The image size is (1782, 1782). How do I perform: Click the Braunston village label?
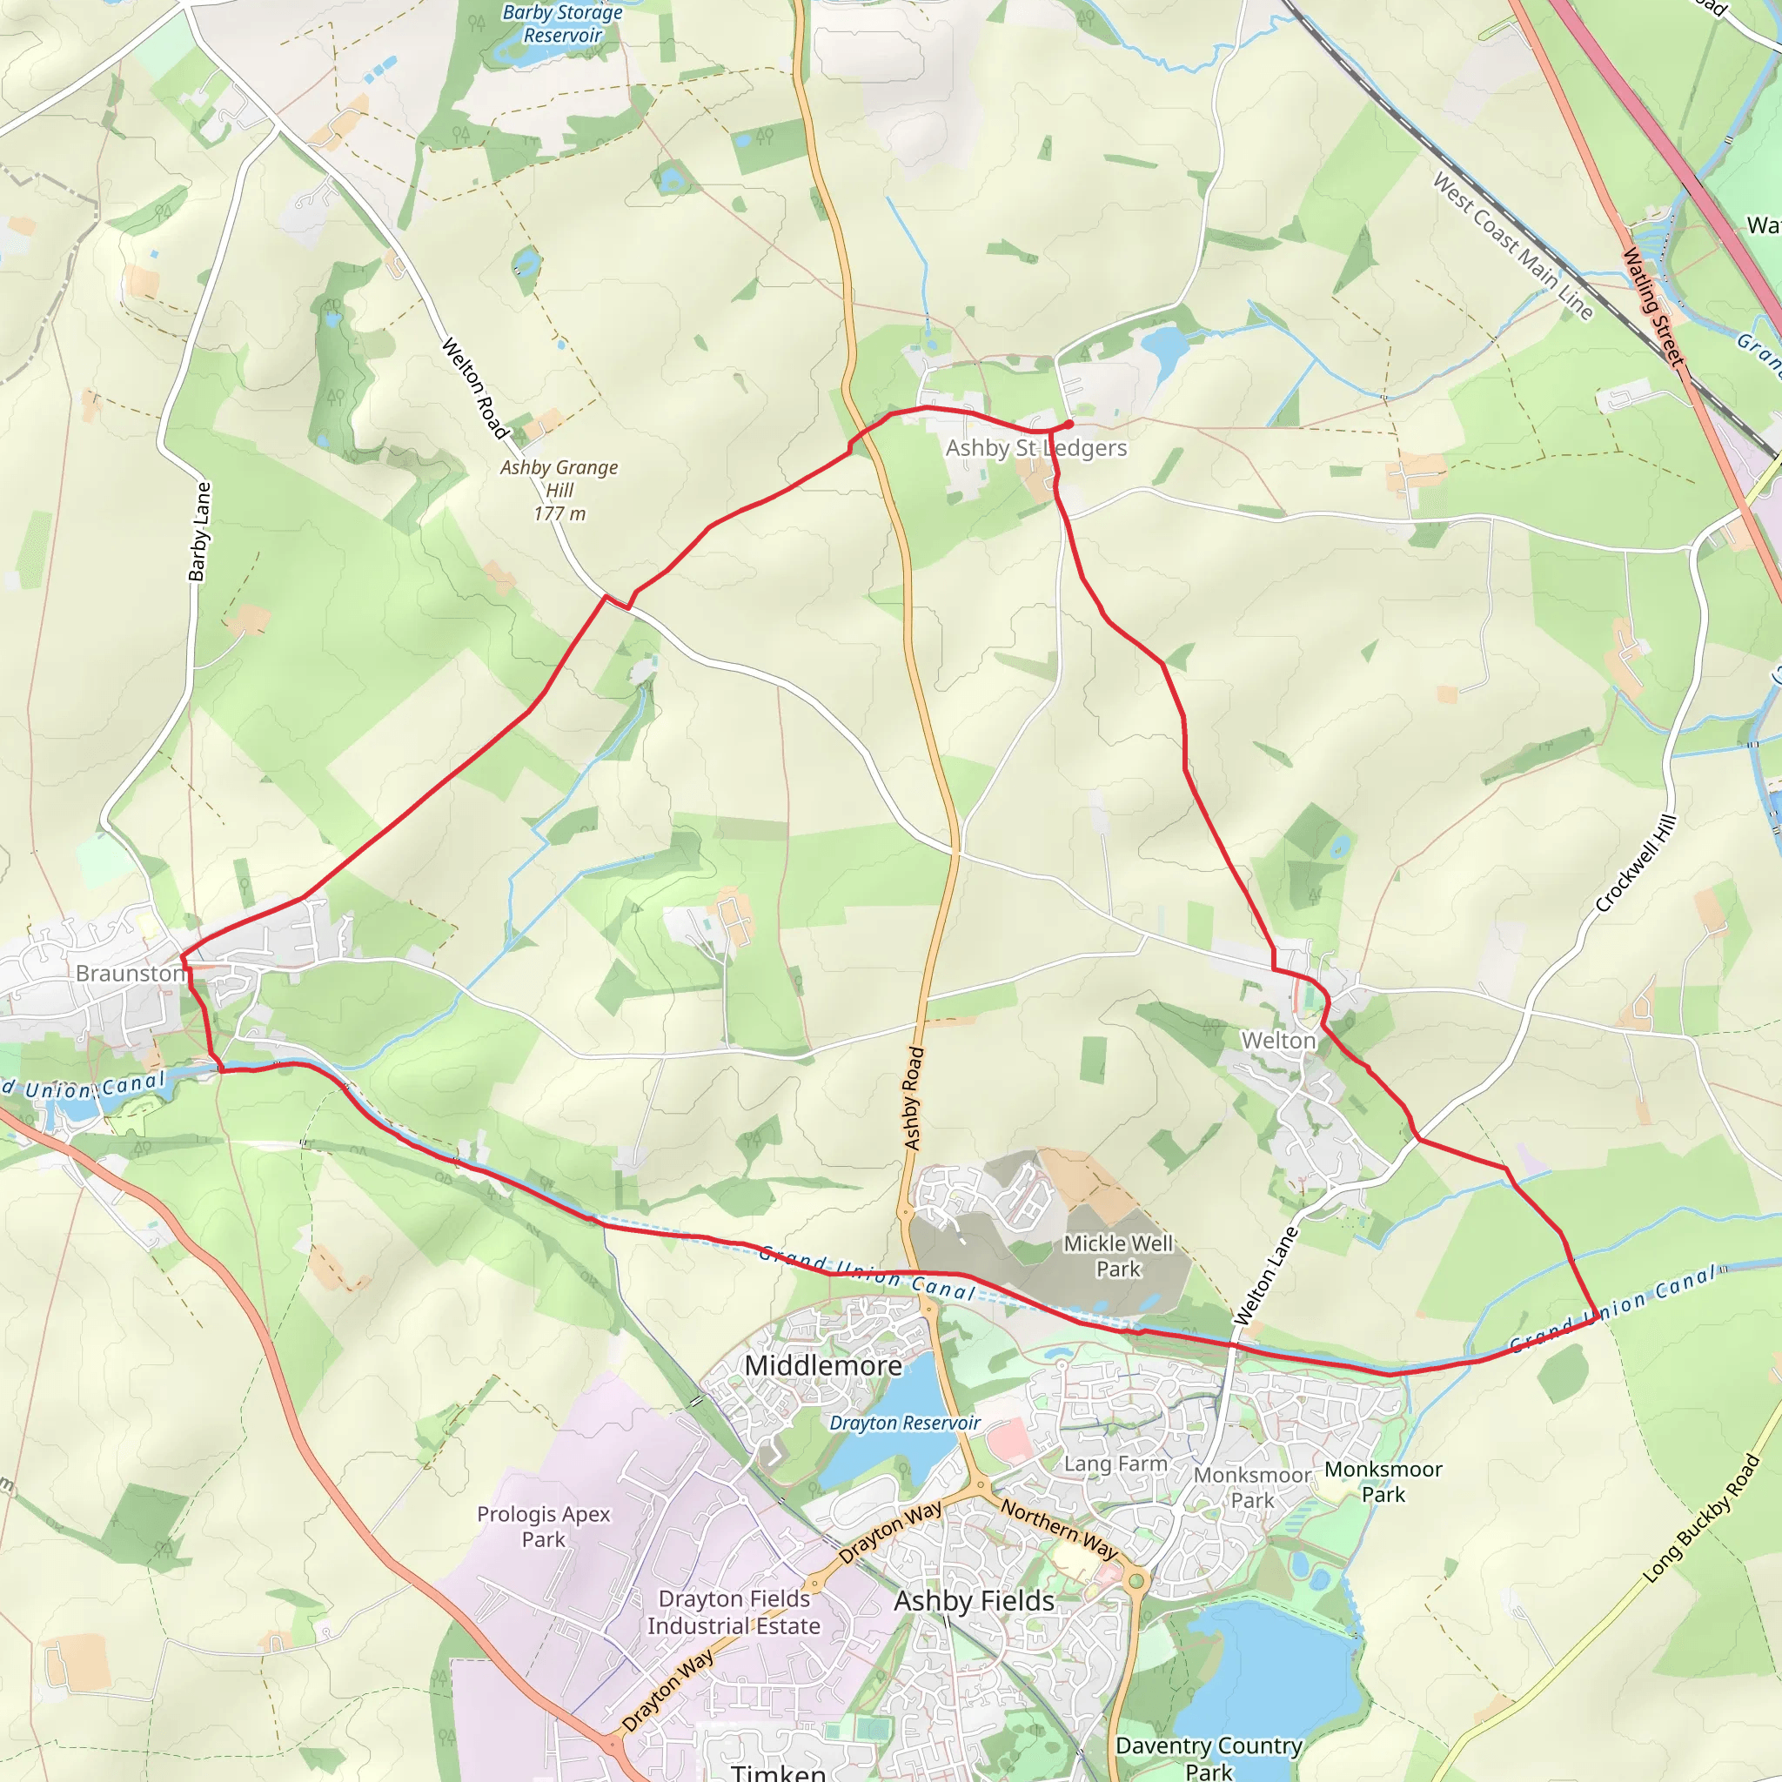(130, 974)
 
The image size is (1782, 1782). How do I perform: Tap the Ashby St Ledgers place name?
(1035, 448)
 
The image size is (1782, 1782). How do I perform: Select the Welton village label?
(1277, 1041)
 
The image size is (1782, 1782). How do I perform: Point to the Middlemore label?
(823, 1365)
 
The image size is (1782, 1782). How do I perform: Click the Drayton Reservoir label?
(904, 1424)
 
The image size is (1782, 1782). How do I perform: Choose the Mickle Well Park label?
(1118, 1256)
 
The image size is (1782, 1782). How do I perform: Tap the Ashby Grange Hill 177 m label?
(559, 491)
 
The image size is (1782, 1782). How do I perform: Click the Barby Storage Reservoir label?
(563, 24)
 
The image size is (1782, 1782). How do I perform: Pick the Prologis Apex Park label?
(543, 1526)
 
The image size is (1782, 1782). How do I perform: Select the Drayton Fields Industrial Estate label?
(734, 1612)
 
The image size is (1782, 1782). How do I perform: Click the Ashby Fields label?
(974, 1601)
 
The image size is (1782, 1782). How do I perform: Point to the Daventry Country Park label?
(1209, 1757)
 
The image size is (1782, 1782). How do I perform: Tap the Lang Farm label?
(1115, 1464)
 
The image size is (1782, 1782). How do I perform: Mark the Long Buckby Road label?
(1703, 1518)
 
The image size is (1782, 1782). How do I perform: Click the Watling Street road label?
(1653, 306)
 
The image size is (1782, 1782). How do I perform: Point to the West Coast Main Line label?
(1512, 246)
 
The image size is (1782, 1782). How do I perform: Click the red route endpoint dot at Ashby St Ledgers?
(1069, 425)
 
